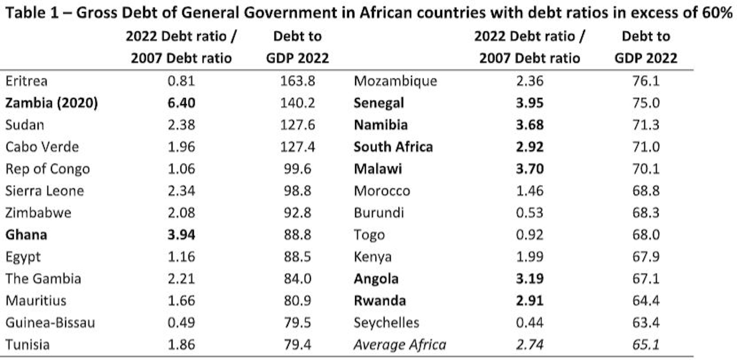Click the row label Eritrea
pyautogui.click(x=26, y=81)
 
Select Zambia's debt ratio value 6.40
pyautogui.click(x=181, y=103)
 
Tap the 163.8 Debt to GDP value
pyautogui.click(x=297, y=81)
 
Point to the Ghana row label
pyautogui.click(x=26, y=234)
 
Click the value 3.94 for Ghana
pyautogui.click(x=181, y=234)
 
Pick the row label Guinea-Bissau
pyautogui.click(x=50, y=322)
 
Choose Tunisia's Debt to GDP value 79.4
pyautogui.click(x=297, y=344)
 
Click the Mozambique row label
pyautogui.click(x=395, y=81)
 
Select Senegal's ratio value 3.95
pyautogui.click(x=530, y=103)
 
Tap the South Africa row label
pyautogui.click(x=393, y=147)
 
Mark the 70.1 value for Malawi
pyautogui.click(x=646, y=169)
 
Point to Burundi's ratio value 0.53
pyautogui.click(x=530, y=213)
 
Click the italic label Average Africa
pyautogui.click(x=400, y=345)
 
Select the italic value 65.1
pyautogui.click(x=646, y=345)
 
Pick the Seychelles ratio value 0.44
pyautogui.click(x=530, y=322)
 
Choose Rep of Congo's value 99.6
pyautogui.click(x=297, y=169)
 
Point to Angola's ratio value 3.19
pyautogui.click(x=530, y=279)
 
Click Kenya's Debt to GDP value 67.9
pyautogui.click(x=646, y=256)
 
